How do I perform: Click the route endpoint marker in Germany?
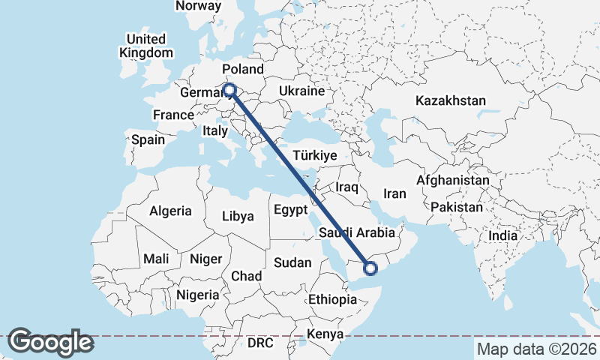pos(229,91)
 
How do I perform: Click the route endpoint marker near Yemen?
pos(370,267)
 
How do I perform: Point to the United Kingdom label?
pos(146,46)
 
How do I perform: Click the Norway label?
pos(198,6)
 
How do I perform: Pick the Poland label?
pos(243,70)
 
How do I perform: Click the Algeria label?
pos(170,211)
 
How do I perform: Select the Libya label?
pos(238,217)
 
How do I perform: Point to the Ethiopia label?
pos(332,299)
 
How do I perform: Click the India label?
pos(502,235)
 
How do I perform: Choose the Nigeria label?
pos(199,295)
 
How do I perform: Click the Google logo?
pos(50,342)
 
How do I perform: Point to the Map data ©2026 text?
pos(536,349)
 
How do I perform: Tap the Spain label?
pos(148,139)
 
